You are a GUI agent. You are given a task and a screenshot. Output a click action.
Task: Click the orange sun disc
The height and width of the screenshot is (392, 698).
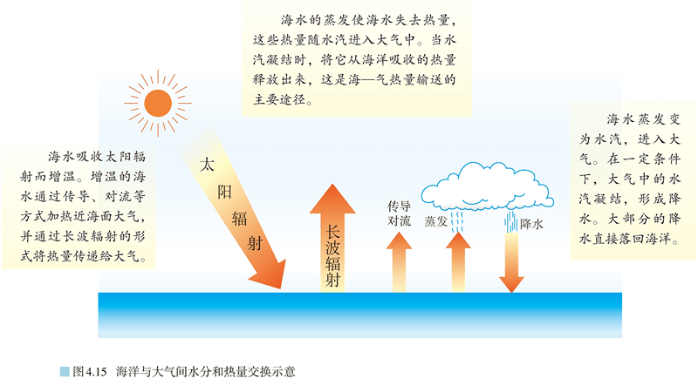158,103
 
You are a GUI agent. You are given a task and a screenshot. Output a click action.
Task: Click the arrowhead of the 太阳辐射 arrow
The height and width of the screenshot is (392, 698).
270,274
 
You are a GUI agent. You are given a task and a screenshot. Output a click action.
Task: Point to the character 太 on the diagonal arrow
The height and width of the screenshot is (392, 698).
207,165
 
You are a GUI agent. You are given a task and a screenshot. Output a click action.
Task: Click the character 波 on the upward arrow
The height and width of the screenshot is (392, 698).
332,247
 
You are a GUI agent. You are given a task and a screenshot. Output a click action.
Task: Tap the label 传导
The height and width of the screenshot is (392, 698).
399,206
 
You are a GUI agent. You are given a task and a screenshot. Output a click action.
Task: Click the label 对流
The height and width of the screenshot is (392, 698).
399,221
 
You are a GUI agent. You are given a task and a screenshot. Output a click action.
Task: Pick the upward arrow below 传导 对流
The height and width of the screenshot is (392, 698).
399,262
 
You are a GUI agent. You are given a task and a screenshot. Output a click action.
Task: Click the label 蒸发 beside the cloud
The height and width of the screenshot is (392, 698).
435,221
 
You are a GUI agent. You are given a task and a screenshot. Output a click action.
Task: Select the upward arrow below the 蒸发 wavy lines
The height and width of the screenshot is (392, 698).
458,262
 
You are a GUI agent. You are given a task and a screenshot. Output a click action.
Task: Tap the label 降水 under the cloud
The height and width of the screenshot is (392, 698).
531,224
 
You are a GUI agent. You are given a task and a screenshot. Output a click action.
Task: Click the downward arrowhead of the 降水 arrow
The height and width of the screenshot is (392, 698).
511,285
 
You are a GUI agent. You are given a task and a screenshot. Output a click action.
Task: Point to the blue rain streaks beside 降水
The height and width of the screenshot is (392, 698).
511,222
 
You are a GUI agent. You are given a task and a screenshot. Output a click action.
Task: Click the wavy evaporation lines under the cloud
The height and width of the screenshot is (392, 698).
457,222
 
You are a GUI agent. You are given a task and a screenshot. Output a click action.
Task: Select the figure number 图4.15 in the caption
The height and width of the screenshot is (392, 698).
90,372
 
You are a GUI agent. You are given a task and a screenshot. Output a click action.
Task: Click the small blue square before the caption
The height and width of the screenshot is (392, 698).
65,372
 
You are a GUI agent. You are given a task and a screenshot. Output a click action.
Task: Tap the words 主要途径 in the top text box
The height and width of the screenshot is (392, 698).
279,99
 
